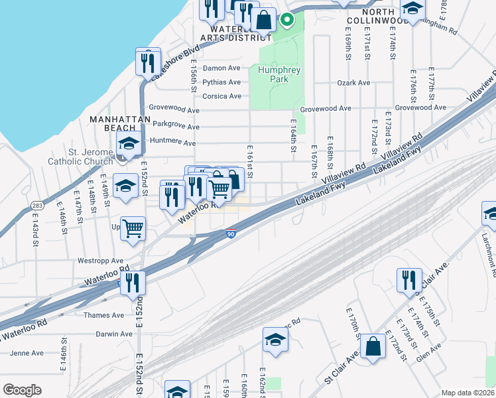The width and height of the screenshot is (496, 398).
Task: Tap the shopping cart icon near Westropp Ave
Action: (133, 229)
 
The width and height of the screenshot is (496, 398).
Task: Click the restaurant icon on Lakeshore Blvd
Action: (148, 62)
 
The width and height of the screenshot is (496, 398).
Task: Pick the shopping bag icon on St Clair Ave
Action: (374, 347)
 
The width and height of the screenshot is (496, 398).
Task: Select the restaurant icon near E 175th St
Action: (409, 280)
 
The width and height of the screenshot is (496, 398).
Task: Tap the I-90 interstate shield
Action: (231, 233)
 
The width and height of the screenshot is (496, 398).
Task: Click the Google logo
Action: (22, 390)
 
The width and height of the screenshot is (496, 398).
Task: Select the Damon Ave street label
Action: (221, 68)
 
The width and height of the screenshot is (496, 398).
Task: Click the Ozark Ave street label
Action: (353, 83)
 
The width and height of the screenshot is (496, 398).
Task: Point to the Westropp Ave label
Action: (101, 261)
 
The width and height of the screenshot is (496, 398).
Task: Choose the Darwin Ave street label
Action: (114, 334)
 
